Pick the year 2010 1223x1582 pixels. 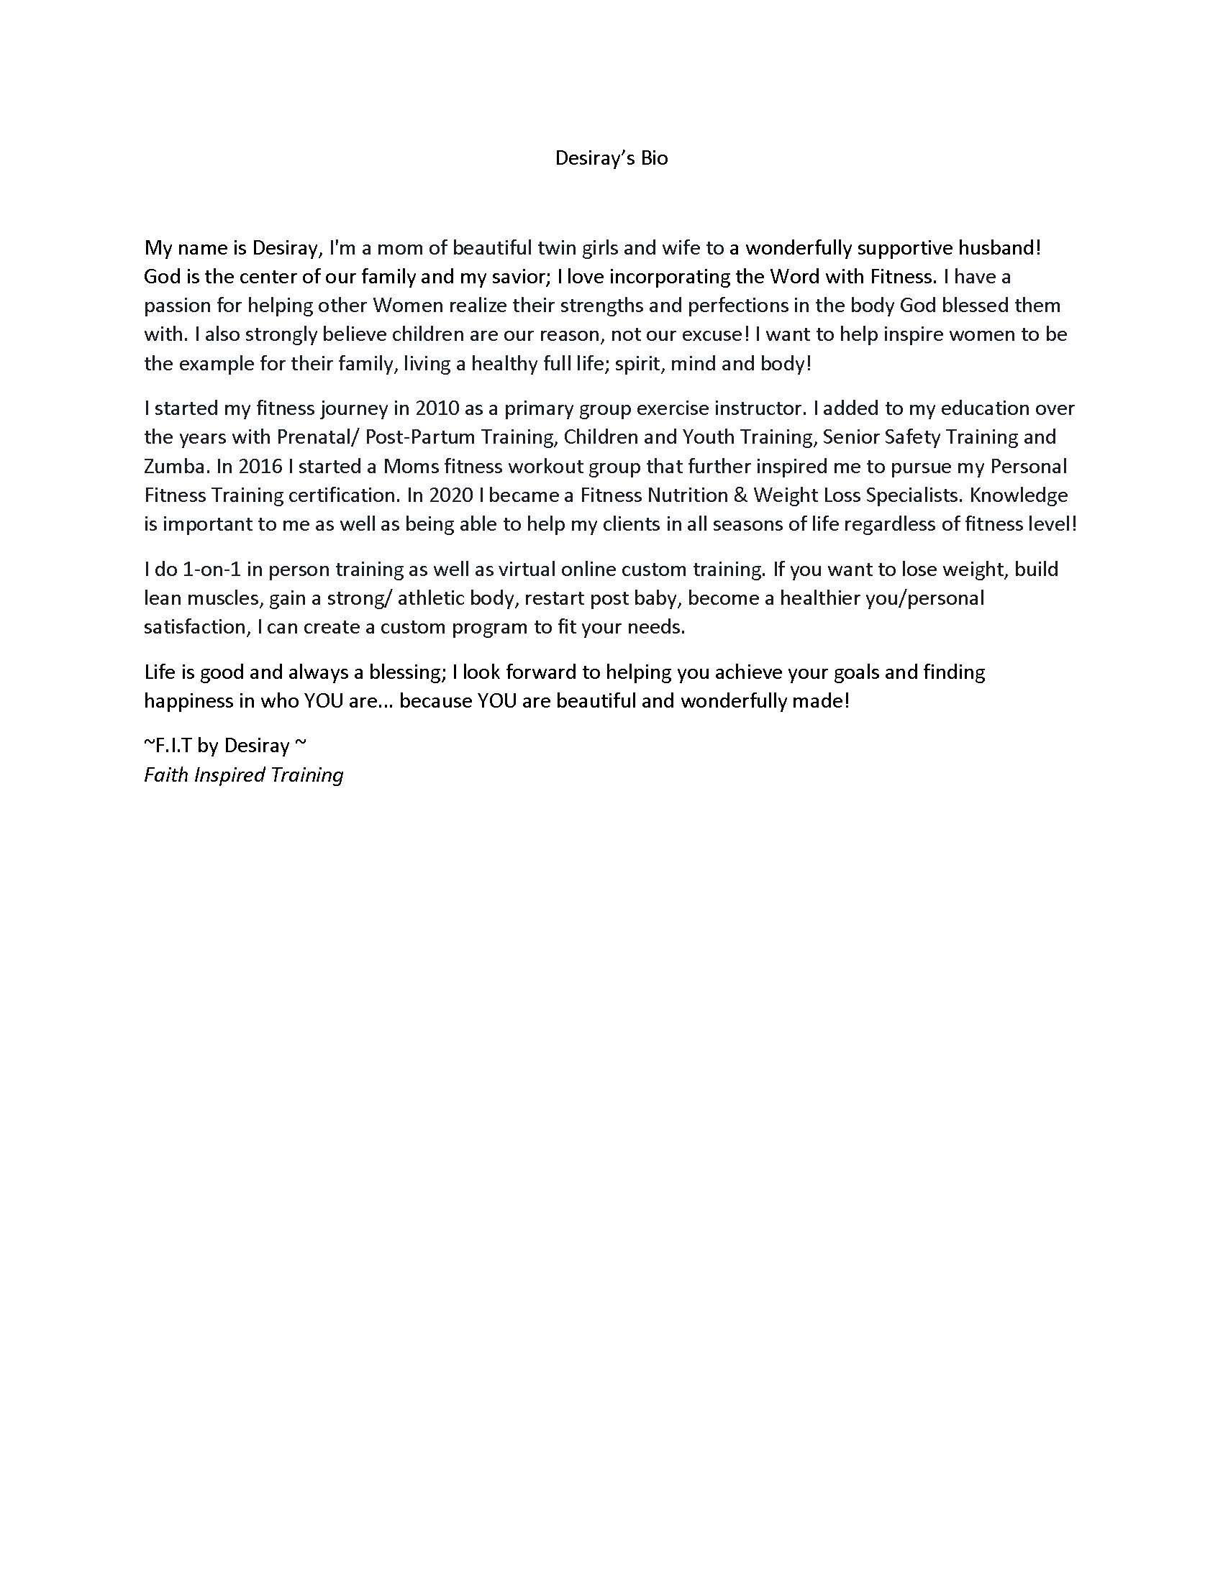[437, 408]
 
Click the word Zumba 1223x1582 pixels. [176, 467]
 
